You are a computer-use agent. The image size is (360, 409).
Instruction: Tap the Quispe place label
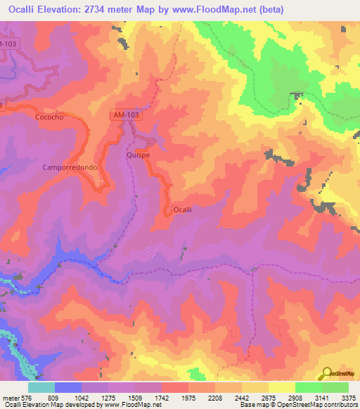(x=138, y=155)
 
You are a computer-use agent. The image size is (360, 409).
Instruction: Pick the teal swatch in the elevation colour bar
(x=41, y=387)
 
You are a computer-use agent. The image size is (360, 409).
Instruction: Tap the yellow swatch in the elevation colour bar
(x=281, y=387)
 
